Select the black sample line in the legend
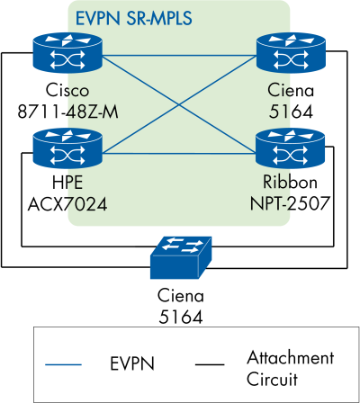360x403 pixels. click(x=215, y=364)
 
